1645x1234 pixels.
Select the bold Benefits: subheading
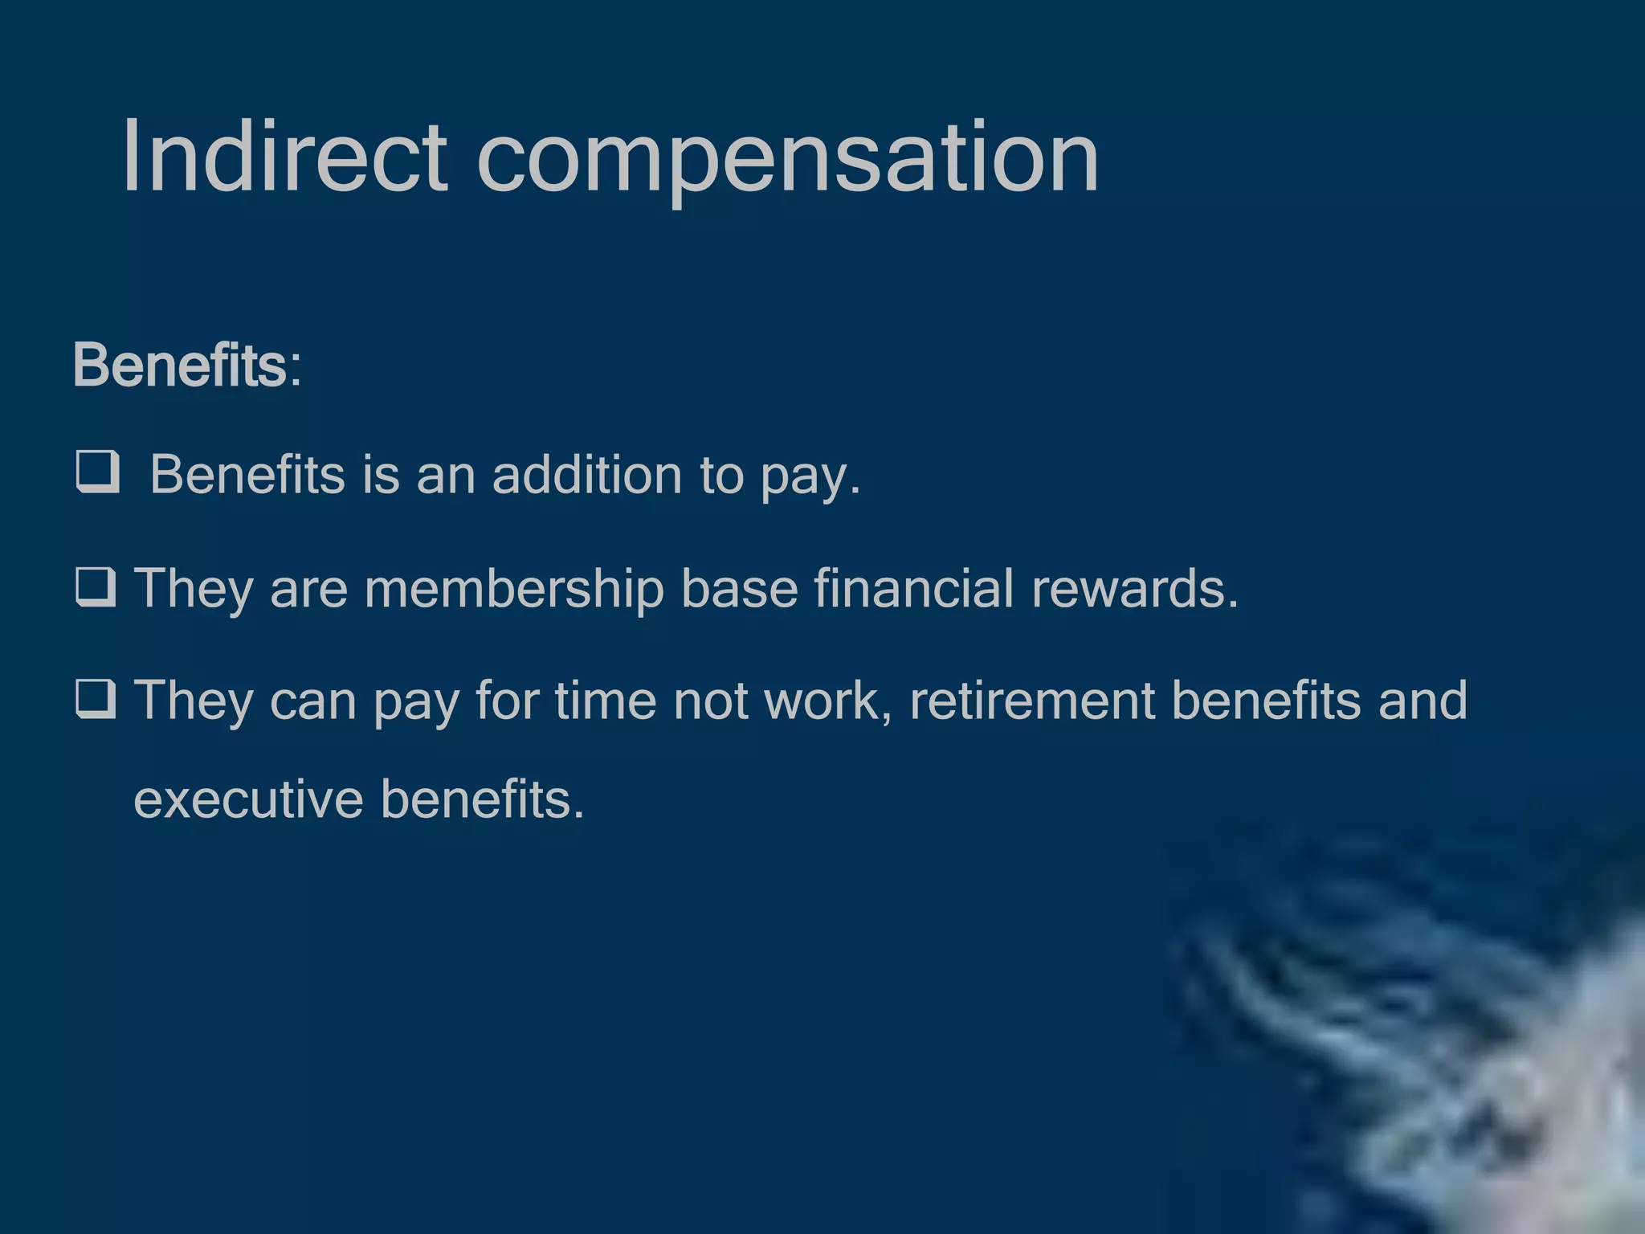(187, 366)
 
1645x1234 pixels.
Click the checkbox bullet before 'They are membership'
(96, 586)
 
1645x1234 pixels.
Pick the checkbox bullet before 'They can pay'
(96, 698)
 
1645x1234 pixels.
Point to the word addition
(586, 474)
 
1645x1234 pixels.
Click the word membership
(513, 589)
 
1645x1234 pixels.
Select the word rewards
(1134, 589)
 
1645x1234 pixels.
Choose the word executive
(248, 799)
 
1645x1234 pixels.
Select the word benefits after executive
(481, 799)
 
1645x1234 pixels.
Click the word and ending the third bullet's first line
(1423, 701)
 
